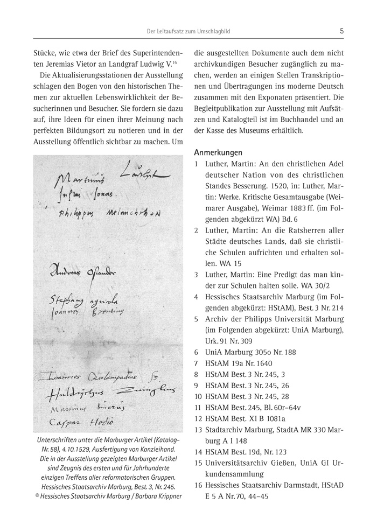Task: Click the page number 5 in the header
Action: point(342,32)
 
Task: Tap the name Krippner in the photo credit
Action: point(165,496)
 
